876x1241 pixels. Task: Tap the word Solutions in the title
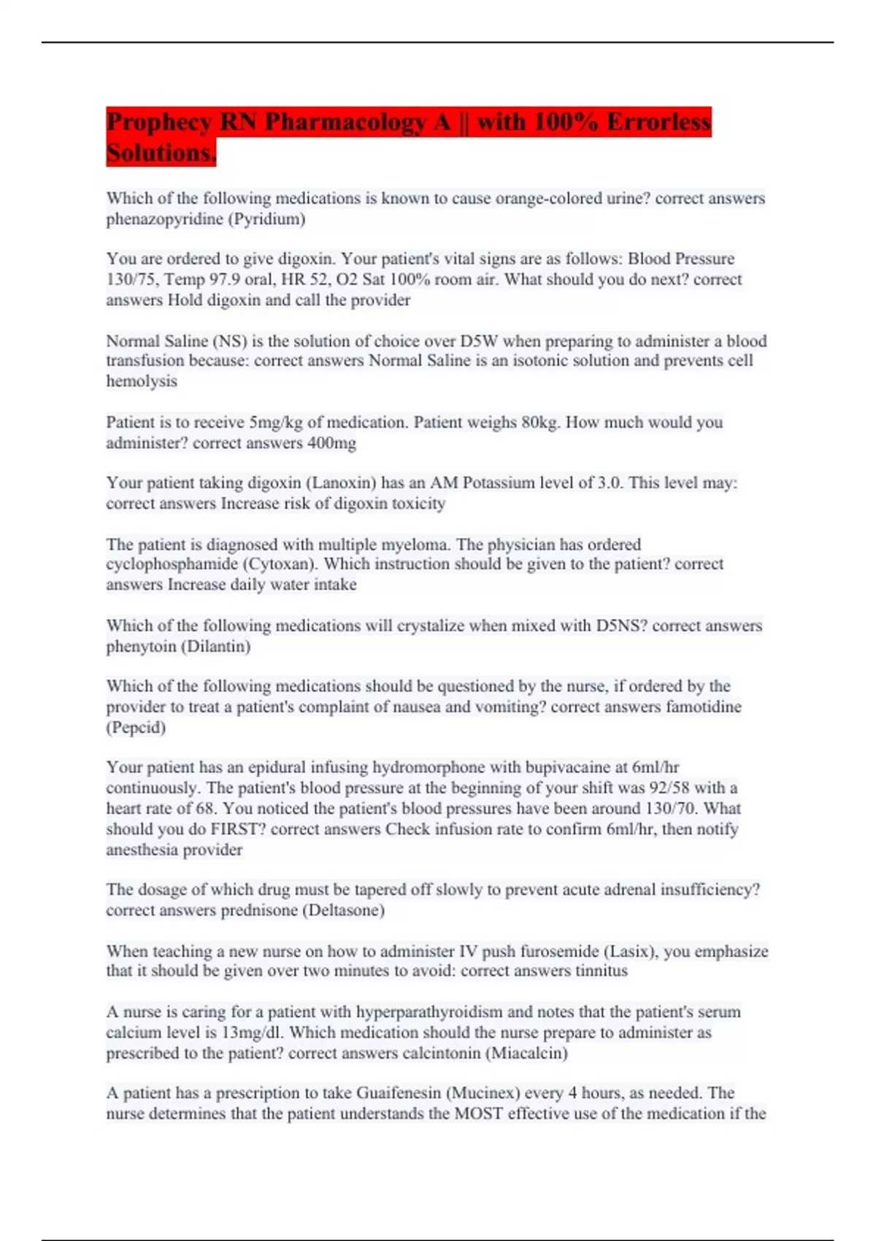tap(161, 153)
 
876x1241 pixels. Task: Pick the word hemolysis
tap(142, 381)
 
